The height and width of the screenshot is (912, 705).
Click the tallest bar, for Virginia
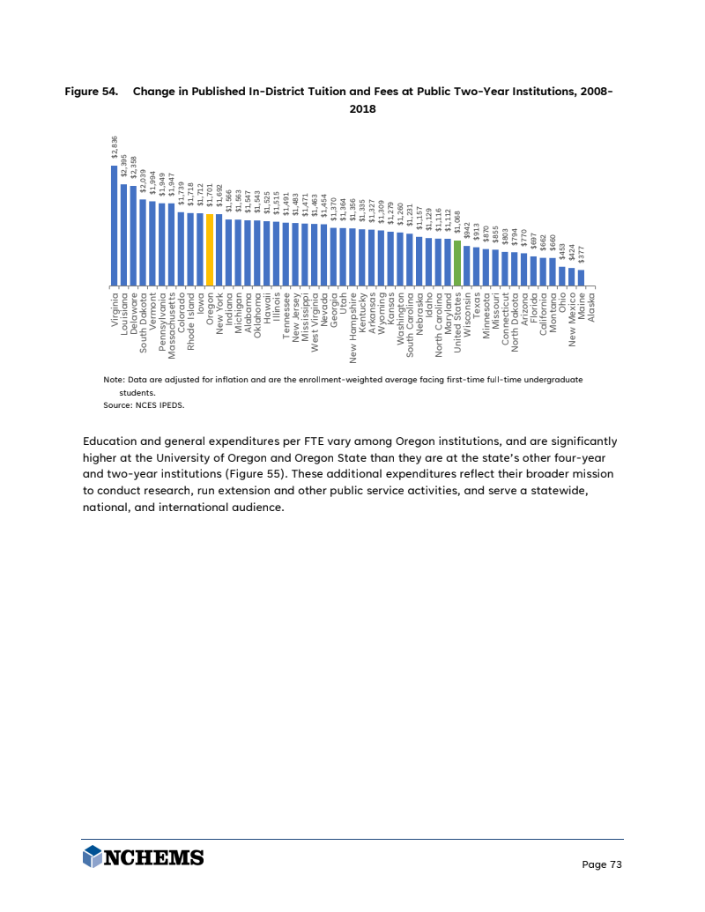point(115,226)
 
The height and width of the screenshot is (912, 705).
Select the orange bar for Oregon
point(210,250)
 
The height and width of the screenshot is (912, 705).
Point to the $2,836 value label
point(115,147)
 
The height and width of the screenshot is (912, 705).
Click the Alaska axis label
point(591,308)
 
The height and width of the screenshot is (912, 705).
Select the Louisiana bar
point(124,234)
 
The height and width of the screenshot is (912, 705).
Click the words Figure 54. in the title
point(92,92)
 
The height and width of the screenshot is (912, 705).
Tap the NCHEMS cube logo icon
point(92,856)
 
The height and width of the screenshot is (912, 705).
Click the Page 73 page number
point(602,864)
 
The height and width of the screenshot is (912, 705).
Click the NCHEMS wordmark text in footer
point(155,856)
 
